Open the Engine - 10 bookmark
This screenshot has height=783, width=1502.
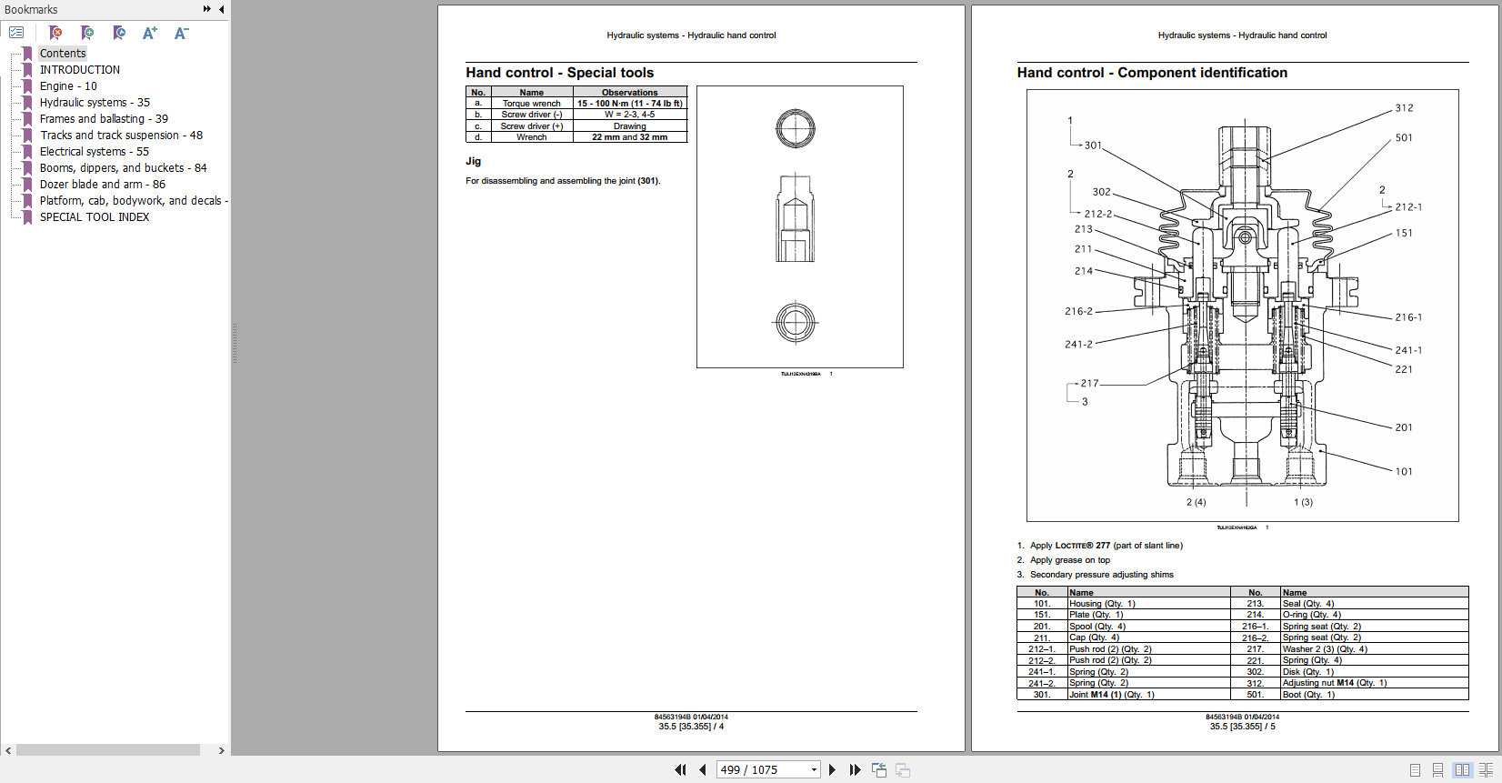(67, 86)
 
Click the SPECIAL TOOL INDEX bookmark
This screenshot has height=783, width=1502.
(94, 217)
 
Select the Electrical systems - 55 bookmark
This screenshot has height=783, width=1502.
(94, 152)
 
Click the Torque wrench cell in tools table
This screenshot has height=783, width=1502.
(532, 104)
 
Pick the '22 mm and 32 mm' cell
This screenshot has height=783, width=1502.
(629, 137)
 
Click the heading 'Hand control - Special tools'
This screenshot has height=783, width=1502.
(559, 73)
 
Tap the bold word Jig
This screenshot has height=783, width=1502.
(473, 161)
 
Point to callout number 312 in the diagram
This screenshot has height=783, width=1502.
(1404, 108)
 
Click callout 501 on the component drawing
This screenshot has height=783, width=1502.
(1404, 138)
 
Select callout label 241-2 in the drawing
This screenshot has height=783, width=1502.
(1078, 345)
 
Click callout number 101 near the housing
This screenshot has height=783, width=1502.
(1404, 472)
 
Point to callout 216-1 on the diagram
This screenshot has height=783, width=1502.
(1408, 318)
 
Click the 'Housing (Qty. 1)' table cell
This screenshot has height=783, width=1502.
(1102, 604)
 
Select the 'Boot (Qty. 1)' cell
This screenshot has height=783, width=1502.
(1308, 695)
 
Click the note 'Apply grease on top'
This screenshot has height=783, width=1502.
(1069, 560)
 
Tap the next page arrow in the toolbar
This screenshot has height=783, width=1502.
(832, 770)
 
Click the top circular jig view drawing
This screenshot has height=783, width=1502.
(796, 128)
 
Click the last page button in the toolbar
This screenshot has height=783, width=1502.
(855, 770)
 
